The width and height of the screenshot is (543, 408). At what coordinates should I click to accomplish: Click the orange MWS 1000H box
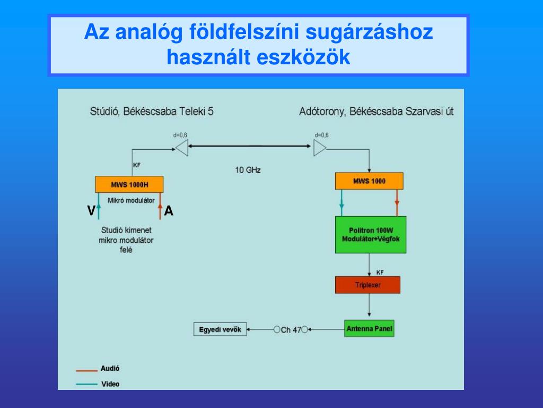pyautogui.click(x=129, y=184)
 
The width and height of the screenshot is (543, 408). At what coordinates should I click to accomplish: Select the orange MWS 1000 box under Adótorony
pyautogui.click(x=369, y=181)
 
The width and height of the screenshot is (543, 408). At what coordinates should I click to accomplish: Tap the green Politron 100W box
pyautogui.click(x=370, y=235)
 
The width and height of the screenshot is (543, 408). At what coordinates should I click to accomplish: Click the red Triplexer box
pyautogui.click(x=367, y=285)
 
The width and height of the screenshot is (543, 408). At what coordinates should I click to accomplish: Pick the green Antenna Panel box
pyautogui.click(x=369, y=329)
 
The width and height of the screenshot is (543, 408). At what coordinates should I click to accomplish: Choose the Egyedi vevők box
pyautogui.click(x=220, y=329)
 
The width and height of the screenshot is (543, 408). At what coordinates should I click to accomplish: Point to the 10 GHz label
pyautogui.click(x=248, y=170)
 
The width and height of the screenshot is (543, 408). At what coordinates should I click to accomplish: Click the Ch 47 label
pyautogui.click(x=291, y=330)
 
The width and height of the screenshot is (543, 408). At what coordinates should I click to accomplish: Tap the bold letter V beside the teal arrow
pyautogui.click(x=91, y=211)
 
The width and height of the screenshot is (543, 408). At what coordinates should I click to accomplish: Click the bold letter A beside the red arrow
pyautogui.click(x=169, y=211)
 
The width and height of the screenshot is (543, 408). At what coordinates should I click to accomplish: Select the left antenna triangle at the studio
pyautogui.click(x=182, y=147)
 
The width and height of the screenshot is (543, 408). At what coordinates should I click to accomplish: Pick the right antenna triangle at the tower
pyautogui.click(x=320, y=147)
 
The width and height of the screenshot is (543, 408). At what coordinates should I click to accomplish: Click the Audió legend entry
pyautogui.click(x=110, y=368)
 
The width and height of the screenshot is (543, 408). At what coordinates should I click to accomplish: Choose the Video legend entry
pyautogui.click(x=110, y=384)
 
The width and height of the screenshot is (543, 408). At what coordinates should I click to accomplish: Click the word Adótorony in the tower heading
pyautogui.click(x=320, y=112)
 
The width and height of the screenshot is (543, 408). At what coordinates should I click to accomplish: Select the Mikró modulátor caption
pyautogui.click(x=131, y=200)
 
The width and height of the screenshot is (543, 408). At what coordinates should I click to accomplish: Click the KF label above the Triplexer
pyautogui.click(x=380, y=272)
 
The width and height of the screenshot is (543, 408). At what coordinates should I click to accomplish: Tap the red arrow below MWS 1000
pyautogui.click(x=397, y=202)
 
